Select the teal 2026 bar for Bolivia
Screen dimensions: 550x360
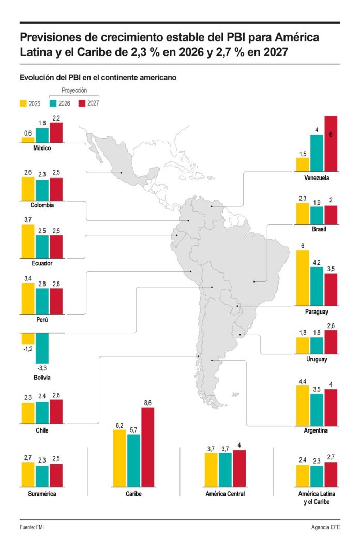click(x=42, y=348)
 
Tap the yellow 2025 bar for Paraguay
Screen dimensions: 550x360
click(x=303, y=278)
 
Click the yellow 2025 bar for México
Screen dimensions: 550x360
click(x=28, y=139)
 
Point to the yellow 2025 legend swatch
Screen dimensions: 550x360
click(x=23, y=103)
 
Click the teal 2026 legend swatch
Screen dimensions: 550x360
click(x=53, y=103)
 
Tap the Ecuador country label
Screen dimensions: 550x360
click(x=41, y=263)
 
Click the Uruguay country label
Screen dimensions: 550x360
click(x=317, y=359)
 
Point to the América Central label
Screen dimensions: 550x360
click(x=225, y=494)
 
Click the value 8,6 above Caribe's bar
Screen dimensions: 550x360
click(x=147, y=403)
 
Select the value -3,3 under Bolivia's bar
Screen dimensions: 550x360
click(x=42, y=368)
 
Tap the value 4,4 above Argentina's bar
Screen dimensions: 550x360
click(x=303, y=381)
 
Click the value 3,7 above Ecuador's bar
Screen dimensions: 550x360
click(x=28, y=220)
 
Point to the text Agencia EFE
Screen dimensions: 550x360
click(x=326, y=527)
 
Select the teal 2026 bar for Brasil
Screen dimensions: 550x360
click(x=317, y=215)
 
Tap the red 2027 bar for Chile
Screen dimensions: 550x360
click(x=56, y=412)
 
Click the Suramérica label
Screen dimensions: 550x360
click(x=41, y=494)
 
